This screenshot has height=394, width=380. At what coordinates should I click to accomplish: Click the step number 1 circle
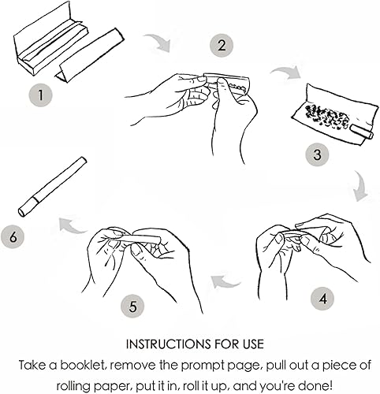[x=40, y=95]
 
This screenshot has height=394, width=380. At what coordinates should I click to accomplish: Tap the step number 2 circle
[x=222, y=45]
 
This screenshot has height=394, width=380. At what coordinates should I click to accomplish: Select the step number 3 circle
[x=317, y=154]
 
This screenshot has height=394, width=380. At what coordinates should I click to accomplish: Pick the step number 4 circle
[x=322, y=299]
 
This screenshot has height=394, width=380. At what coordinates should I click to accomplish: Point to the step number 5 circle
[x=132, y=307]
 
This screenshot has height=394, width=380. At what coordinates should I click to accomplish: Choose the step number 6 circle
[x=12, y=236]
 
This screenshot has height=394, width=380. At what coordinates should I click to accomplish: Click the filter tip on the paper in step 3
[x=362, y=132]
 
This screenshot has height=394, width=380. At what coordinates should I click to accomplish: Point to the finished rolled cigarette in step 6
[x=53, y=187]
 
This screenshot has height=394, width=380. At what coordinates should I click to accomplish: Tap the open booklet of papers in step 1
[x=50, y=39]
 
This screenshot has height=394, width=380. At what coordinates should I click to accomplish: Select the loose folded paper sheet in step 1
[x=89, y=55]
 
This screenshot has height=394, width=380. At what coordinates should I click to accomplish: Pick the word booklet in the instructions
[x=83, y=366]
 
